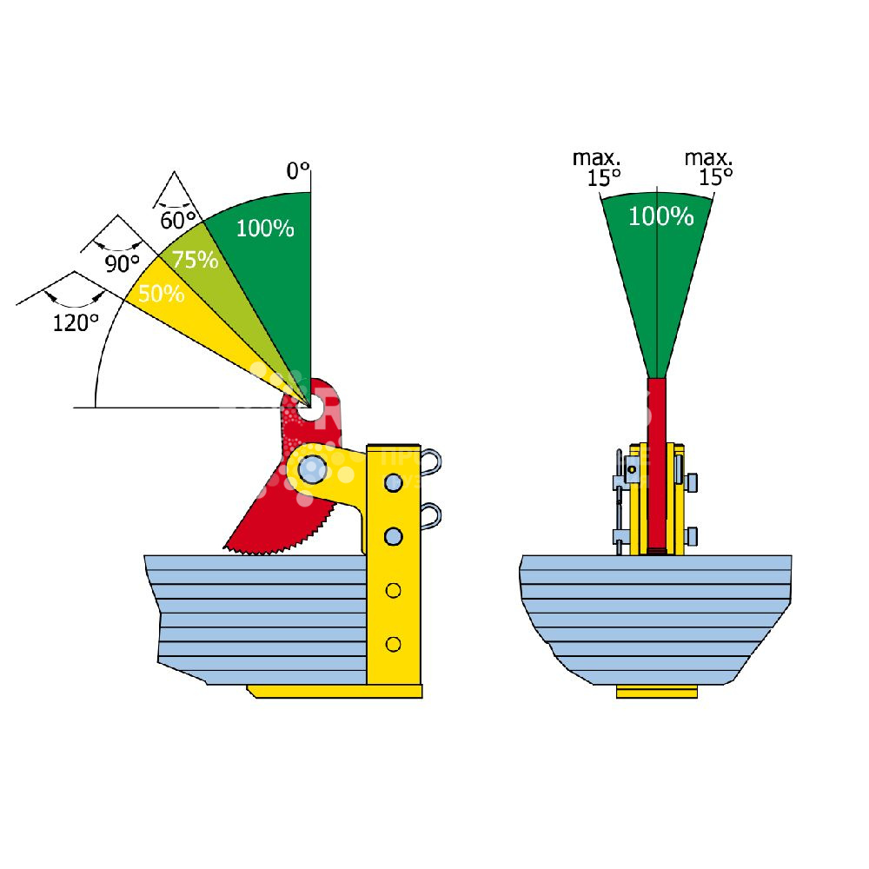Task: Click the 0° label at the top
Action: pos(297,171)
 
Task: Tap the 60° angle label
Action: pos(177,220)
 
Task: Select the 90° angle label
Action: pos(123,263)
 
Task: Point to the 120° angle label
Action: pos(75,323)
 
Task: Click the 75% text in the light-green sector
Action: pos(195,259)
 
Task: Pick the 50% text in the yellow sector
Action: pos(161,294)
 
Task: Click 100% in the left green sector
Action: pos(265,229)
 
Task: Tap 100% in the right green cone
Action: pos(660,216)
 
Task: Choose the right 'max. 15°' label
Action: pos(709,168)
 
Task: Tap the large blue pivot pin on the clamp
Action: pos(312,470)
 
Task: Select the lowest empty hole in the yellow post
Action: pos(394,644)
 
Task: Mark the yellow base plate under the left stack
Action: pos(335,691)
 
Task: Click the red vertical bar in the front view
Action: pos(658,461)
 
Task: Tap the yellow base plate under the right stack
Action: pos(657,693)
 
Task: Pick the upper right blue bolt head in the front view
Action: pos(693,482)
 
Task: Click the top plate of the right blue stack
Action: pos(656,562)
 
